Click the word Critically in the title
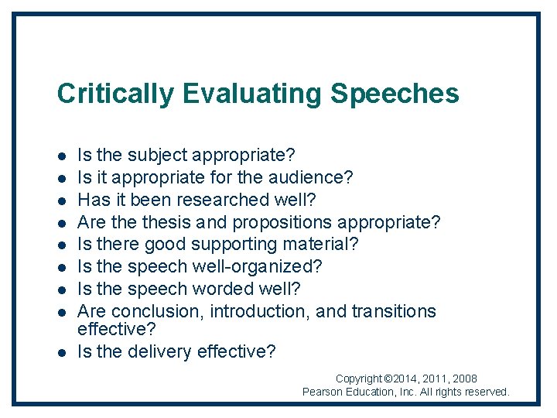(116, 94)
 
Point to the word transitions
(394, 311)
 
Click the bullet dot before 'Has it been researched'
(61, 200)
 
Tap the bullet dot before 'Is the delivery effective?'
(61, 352)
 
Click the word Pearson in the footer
(323, 392)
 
